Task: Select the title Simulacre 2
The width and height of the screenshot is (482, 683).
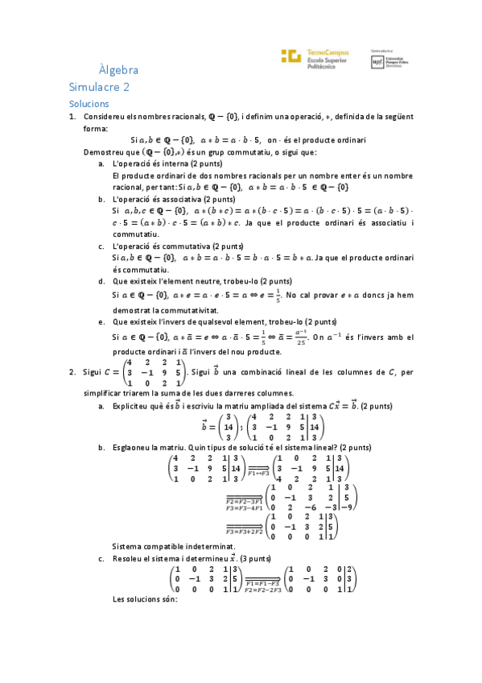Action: [99, 88]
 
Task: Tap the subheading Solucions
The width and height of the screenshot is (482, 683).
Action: [89, 105]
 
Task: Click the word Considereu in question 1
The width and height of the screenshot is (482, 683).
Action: [104, 118]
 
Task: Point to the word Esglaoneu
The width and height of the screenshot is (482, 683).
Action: [134, 446]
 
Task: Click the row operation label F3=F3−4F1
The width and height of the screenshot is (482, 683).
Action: [243, 508]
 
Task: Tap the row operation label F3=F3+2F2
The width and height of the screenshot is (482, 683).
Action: [243, 532]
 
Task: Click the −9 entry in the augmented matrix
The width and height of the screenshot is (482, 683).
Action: [347, 507]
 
